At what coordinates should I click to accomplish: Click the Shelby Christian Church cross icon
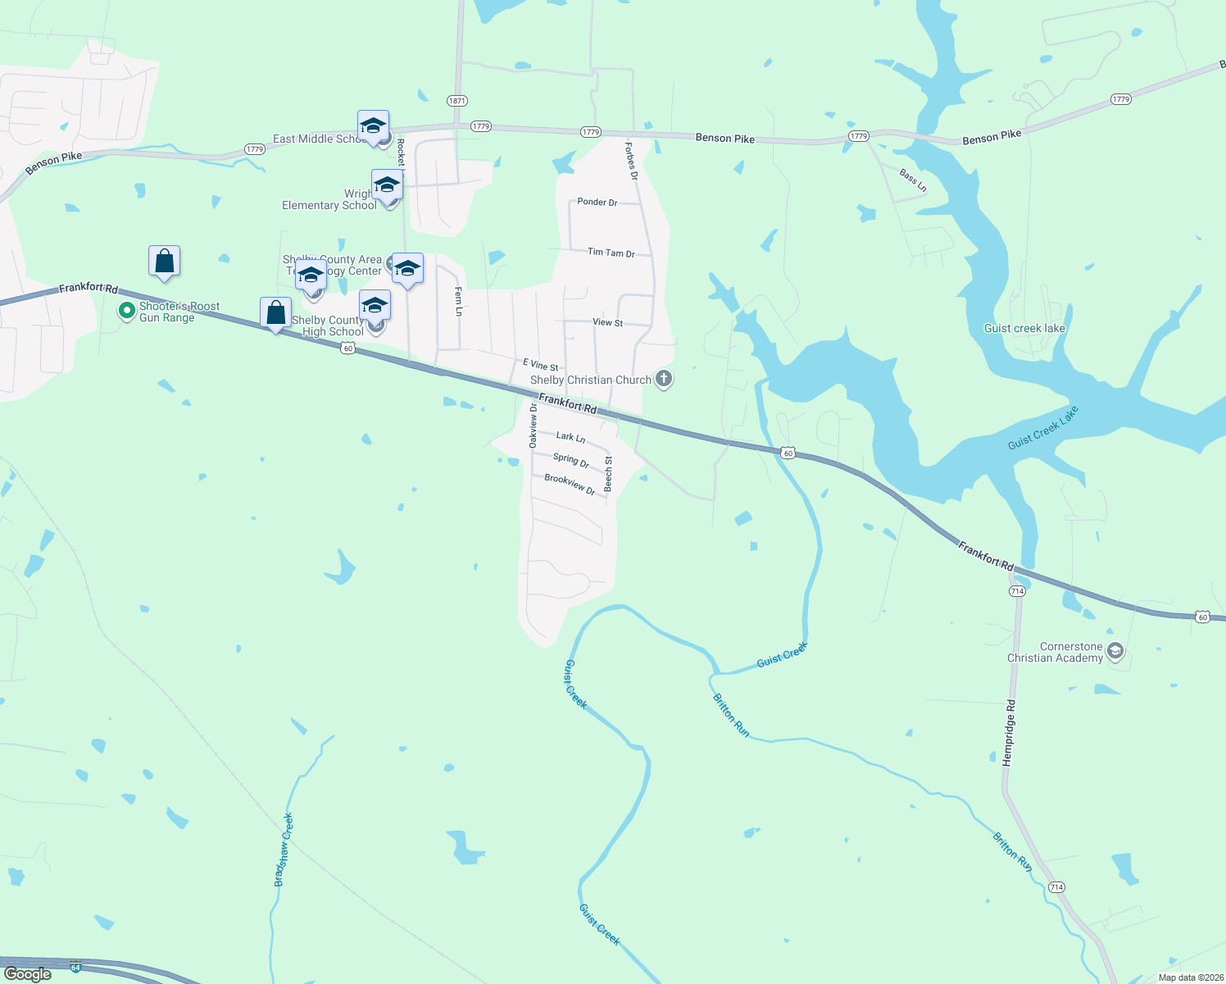pos(664,379)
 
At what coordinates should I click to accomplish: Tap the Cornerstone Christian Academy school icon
pos(1115,652)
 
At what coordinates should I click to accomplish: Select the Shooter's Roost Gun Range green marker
pos(126,311)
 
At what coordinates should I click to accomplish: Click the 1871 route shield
pos(457,101)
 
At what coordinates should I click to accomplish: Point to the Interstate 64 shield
pos(76,968)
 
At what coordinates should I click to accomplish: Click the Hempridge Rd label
pos(1010,732)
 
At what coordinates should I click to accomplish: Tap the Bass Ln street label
pos(912,180)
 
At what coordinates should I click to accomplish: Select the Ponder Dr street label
pos(597,202)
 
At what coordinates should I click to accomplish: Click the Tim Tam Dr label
pos(611,253)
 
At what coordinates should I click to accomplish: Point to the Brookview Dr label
pos(570,485)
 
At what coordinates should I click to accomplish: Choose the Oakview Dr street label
pos(534,425)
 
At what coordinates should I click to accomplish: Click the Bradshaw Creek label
pos(284,850)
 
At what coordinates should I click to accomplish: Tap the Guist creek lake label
pos(1024,328)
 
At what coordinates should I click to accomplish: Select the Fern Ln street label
pos(458,301)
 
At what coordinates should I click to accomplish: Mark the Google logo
pos(28,974)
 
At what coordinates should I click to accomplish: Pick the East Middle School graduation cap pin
pos(373,126)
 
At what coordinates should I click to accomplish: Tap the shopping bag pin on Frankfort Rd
pos(275,313)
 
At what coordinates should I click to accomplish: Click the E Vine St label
pos(541,365)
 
